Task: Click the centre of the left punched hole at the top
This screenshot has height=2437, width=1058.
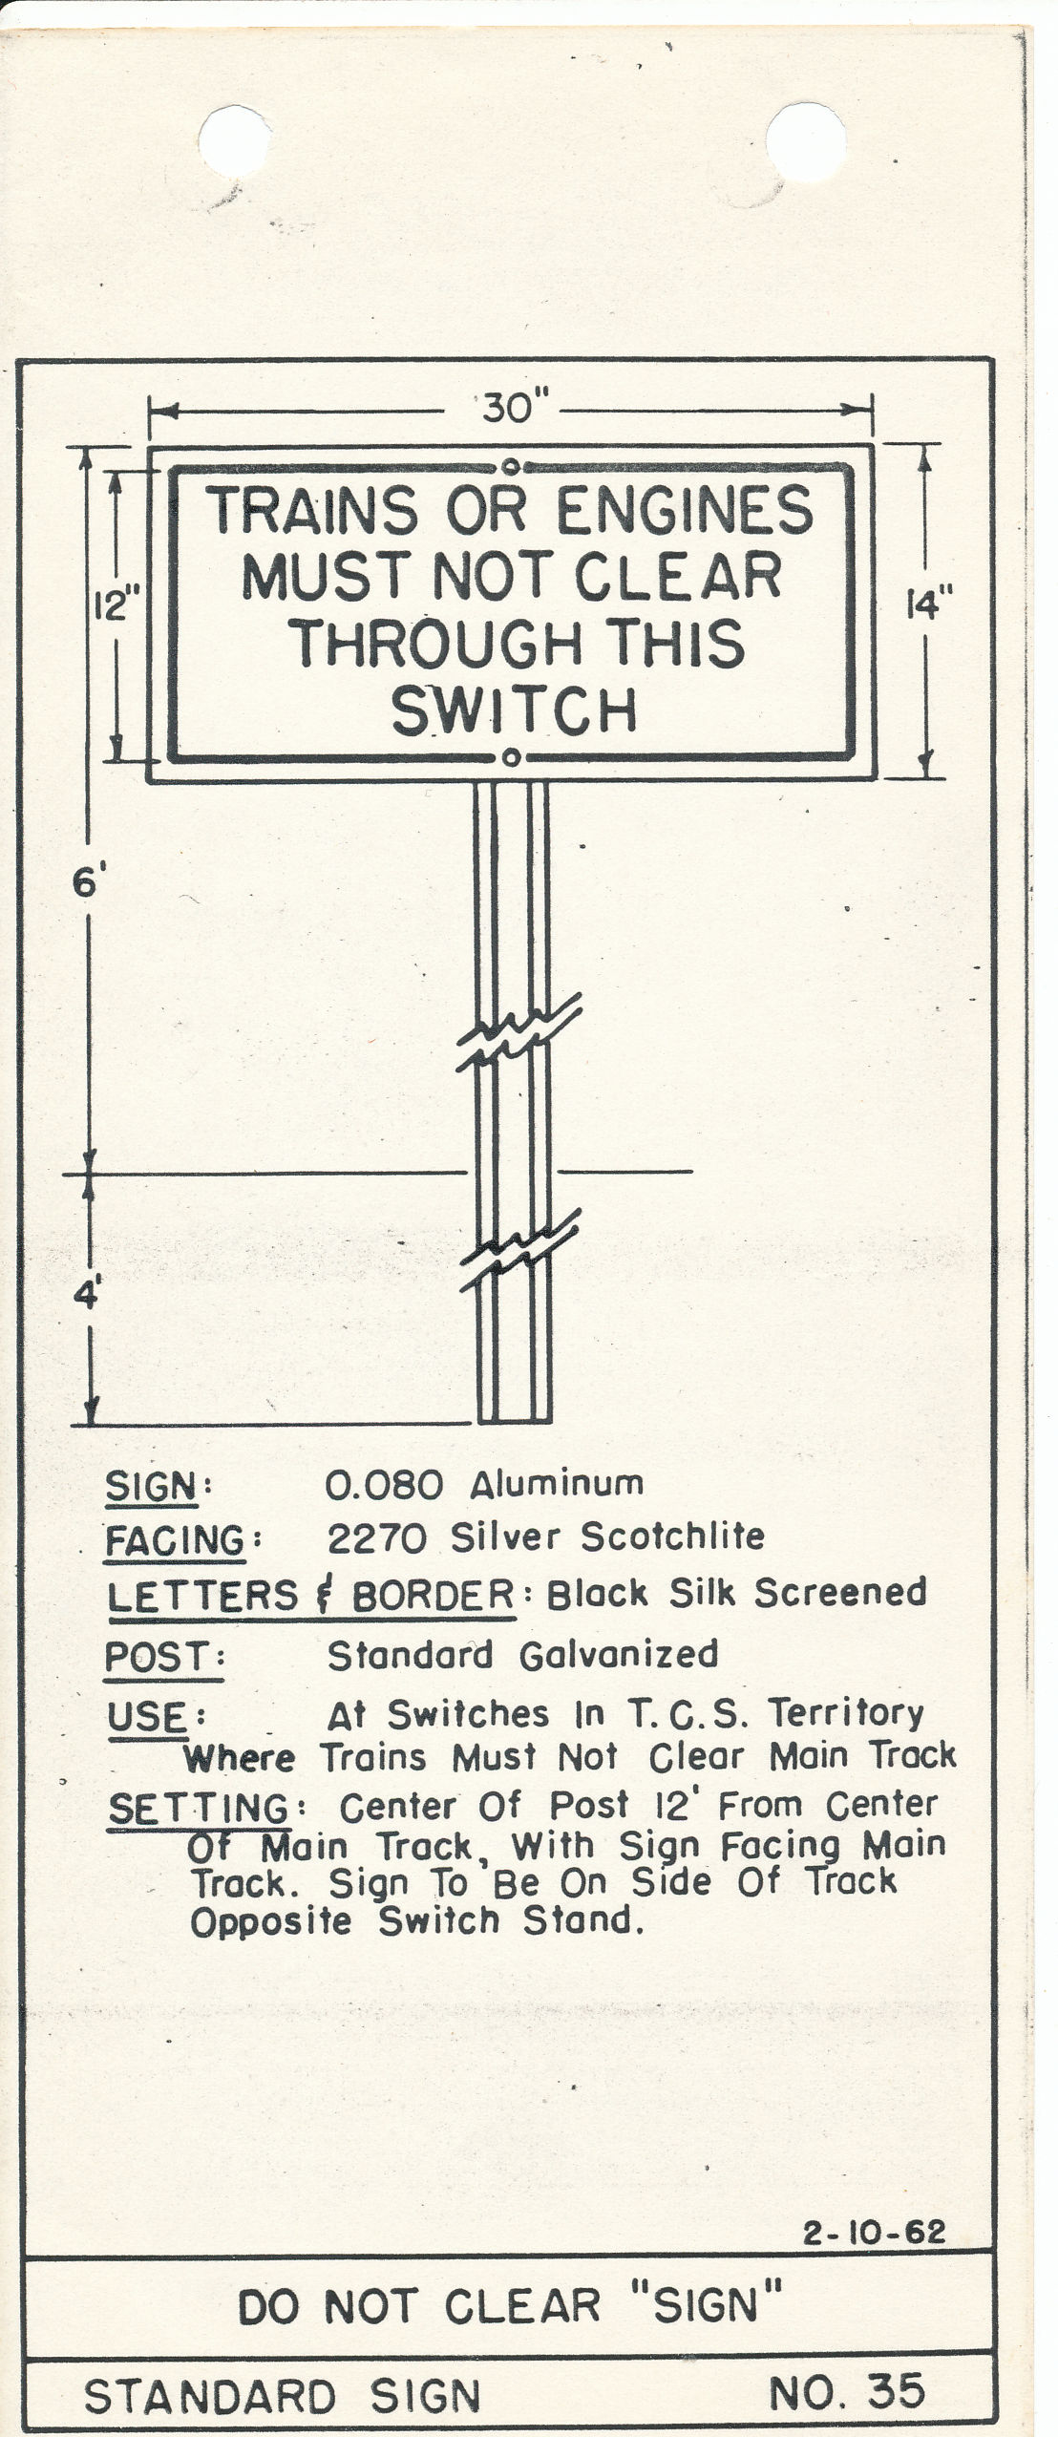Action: pyautogui.click(x=234, y=141)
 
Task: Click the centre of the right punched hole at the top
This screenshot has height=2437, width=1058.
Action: pyautogui.click(x=807, y=142)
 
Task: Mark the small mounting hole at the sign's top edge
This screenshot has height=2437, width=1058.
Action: pyautogui.click(x=511, y=467)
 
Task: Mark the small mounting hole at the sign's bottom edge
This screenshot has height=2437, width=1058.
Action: pyautogui.click(x=511, y=758)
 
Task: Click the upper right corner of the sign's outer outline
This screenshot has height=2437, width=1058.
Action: pyautogui.click(x=874, y=445)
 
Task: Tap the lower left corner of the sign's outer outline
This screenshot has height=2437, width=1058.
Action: pyautogui.click(x=148, y=781)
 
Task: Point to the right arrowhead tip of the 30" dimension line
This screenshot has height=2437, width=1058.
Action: pyautogui.click(x=872, y=411)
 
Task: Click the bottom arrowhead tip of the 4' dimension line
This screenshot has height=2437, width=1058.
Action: pyautogui.click(x=92, y=1424)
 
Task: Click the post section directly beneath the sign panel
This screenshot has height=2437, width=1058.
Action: pyautogui.click(x=513, y=888)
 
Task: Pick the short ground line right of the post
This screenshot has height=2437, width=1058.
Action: pyautogui.click(x=625, y=1171)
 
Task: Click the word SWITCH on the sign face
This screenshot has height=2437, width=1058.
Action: pyautogui.click(x=515, y=711)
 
